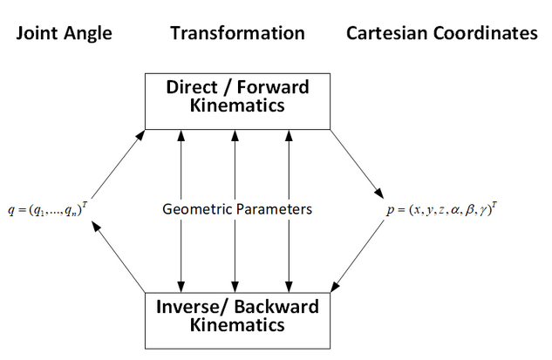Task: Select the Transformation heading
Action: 237,33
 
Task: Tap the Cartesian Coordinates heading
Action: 442,33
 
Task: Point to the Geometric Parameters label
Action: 237,209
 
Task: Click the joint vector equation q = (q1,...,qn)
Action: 51,210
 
